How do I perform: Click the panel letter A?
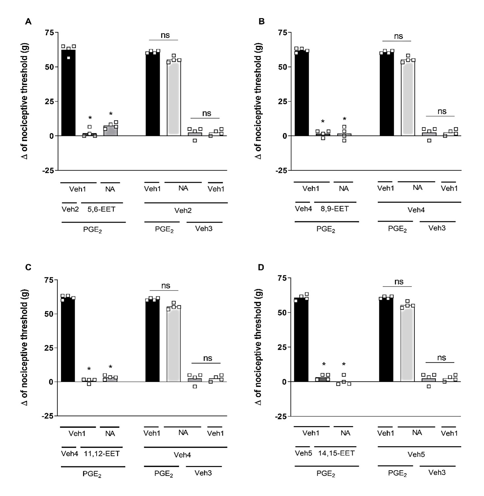tap(28, 22)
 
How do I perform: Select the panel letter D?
tap(261, 267)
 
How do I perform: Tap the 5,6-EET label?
tap(101, 209)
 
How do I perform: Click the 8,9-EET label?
tap(335, 208)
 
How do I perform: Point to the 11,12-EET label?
tap(102, 454)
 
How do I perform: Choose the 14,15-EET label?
tap(336, 453)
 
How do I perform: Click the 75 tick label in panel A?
tap(50, 32)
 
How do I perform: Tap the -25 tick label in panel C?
tap(48, 416)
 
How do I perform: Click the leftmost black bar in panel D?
tap(301, 339)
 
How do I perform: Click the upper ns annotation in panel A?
tap(165, 35)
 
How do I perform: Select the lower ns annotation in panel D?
tap(441, 358)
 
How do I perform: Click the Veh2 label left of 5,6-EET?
tap(70, 209)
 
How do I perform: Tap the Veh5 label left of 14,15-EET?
tap(303, 453)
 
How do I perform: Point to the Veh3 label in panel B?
tap(437, 228)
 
